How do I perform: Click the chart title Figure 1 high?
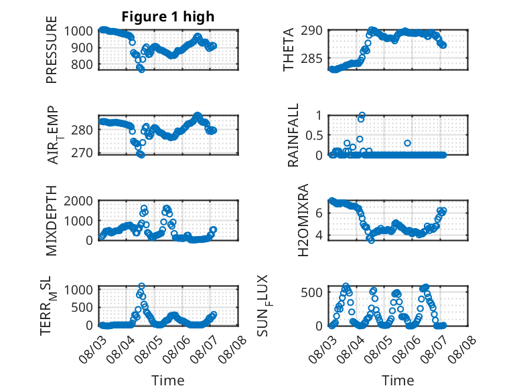click(x=168, y=17)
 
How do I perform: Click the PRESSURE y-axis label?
click(x=52, y=50)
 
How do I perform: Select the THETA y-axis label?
click(x=289, y=50)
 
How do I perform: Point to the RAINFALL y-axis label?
click(x=293, y=135)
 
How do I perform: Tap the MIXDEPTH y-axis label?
click(x=52, y=220)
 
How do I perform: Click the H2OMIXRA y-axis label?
click(x=303, y=220)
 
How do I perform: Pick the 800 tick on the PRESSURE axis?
click(x=82, y=64)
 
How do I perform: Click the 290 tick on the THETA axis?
click(x=311, y=31)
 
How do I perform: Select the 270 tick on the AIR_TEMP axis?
click(x=82, y=153)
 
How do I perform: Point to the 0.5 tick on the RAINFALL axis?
click(x=314, y=135)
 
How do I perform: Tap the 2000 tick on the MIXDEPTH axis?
click(x=78, y=201)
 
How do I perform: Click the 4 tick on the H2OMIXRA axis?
click(x=319, y=235)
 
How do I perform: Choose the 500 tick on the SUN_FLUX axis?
click(x=311, y=292)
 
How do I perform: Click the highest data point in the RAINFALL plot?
click(x=362, y=115)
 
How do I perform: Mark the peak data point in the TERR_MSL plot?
click(x=141, y=286)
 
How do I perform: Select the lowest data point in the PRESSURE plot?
click(x=141, y=70)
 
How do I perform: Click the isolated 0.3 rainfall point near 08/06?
click(x=407, y=143)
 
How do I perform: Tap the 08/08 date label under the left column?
click(x=232, y=349)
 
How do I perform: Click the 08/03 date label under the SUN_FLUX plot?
click(x=323, y=349)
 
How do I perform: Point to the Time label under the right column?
click(x=398, y=381)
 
